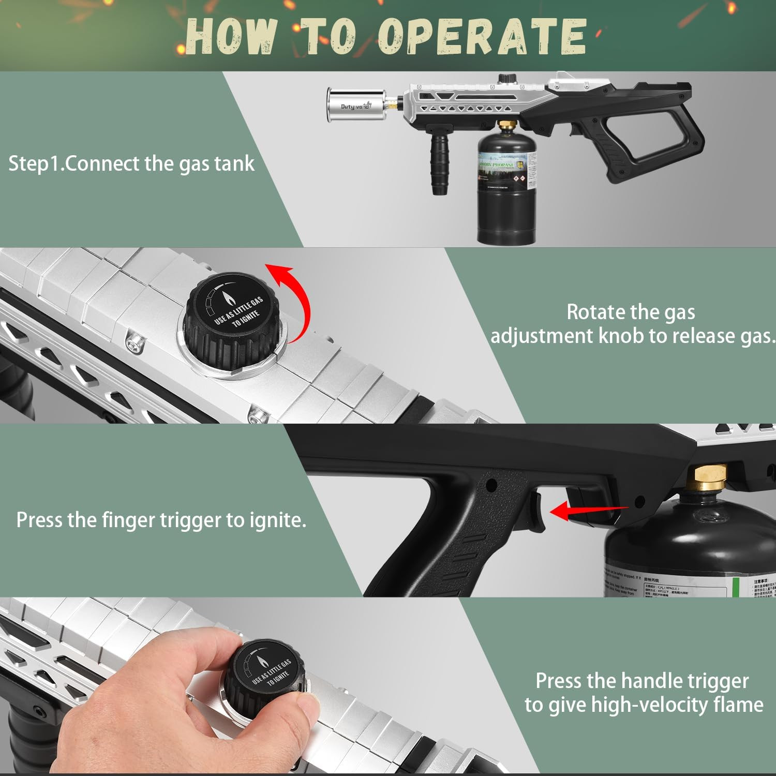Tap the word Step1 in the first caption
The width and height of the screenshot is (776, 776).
point(34,164)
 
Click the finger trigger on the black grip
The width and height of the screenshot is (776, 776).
point(535,512)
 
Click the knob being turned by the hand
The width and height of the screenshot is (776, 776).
point(264,675)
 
